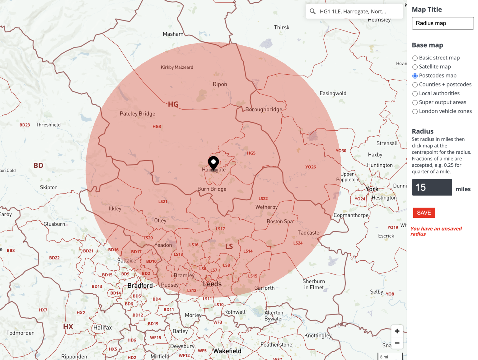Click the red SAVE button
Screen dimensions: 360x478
click(x=424, y=213)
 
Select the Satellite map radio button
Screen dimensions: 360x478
click(x=415, y=67)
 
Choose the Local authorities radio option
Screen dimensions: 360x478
click(x=415, y=94)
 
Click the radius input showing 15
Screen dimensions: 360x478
click(x=432, y=187)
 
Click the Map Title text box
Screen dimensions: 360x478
click(x=443, y=23)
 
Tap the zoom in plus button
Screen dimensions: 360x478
click(x=397, y=331)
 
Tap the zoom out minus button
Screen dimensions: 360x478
click(x=397, y=343)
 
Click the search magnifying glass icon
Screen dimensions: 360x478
click(x=313, y=12)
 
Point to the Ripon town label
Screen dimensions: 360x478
click(x=220, y=84)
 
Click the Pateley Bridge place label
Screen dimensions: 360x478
click(x=137, y=114)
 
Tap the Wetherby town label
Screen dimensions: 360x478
click(x=266, y=207)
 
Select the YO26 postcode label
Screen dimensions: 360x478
click(x=311, y=167)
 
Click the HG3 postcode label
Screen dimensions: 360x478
click(x=157, y=127)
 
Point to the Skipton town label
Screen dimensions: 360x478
click(x=49, y=187)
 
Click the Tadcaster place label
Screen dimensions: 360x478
click(x=309, y=233)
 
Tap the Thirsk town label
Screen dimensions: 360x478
click(x=282, y=27)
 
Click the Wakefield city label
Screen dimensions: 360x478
click(x=227, y=351)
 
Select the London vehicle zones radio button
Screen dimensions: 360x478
click(x=415, y=111)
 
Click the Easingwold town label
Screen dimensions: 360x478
click(x=333, y=93)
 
